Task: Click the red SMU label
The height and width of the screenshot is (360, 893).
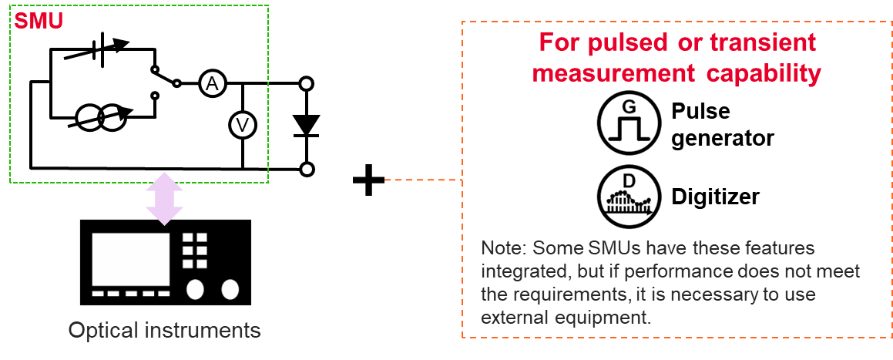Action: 39,21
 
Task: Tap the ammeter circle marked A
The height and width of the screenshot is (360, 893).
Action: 213,84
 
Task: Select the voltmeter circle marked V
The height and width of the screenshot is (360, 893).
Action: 243,125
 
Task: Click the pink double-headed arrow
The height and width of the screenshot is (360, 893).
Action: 164,198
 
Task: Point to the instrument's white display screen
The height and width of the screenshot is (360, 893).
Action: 131,259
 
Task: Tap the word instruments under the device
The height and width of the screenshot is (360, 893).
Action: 202,331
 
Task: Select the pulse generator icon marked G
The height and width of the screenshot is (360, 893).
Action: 629,123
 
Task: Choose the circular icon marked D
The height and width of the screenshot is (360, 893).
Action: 629,197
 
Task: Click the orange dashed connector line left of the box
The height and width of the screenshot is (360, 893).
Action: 422,180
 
